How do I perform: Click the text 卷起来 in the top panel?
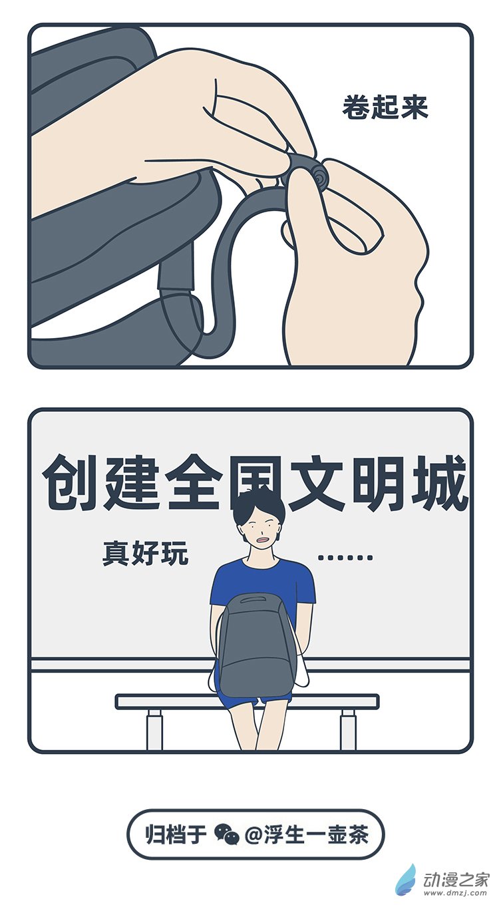coord(385,108)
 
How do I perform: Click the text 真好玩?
coord(145,554)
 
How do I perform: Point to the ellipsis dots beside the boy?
coord(345,558)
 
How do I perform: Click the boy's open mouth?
coord(264,540)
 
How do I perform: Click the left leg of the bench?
coord(154,728)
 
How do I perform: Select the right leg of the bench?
coord(348,728)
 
